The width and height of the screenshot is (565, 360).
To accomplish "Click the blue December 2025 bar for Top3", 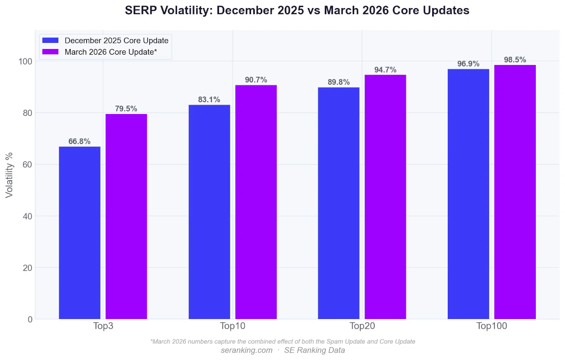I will tap(80, 233).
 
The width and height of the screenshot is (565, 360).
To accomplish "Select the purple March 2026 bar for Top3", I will tap(126, 217).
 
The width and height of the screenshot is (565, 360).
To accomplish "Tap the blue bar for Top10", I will tap(210, 212).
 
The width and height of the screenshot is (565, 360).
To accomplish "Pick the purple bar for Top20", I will tap(385, 197).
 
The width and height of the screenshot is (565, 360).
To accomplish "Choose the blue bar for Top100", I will tap(468, 194).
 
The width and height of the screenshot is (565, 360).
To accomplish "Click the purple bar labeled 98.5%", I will tap(515, 192).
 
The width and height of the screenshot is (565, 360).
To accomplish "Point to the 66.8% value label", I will tap(80, 141).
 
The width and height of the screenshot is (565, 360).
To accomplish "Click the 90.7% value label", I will tap(256, 80).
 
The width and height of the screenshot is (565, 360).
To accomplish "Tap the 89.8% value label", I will tap(339, 82).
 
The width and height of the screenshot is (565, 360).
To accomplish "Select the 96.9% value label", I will tap(468, 64).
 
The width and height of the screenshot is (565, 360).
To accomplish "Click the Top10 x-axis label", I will tap(233, 326).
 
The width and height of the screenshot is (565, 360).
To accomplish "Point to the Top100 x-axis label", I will tap(492, 326).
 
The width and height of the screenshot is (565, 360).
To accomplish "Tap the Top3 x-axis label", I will tap(103, 326).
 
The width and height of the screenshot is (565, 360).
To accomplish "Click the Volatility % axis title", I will tap(9, 175).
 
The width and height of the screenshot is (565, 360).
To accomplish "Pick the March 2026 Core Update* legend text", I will tap(111, 52).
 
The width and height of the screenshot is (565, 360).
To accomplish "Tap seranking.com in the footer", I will tap(246, 350).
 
